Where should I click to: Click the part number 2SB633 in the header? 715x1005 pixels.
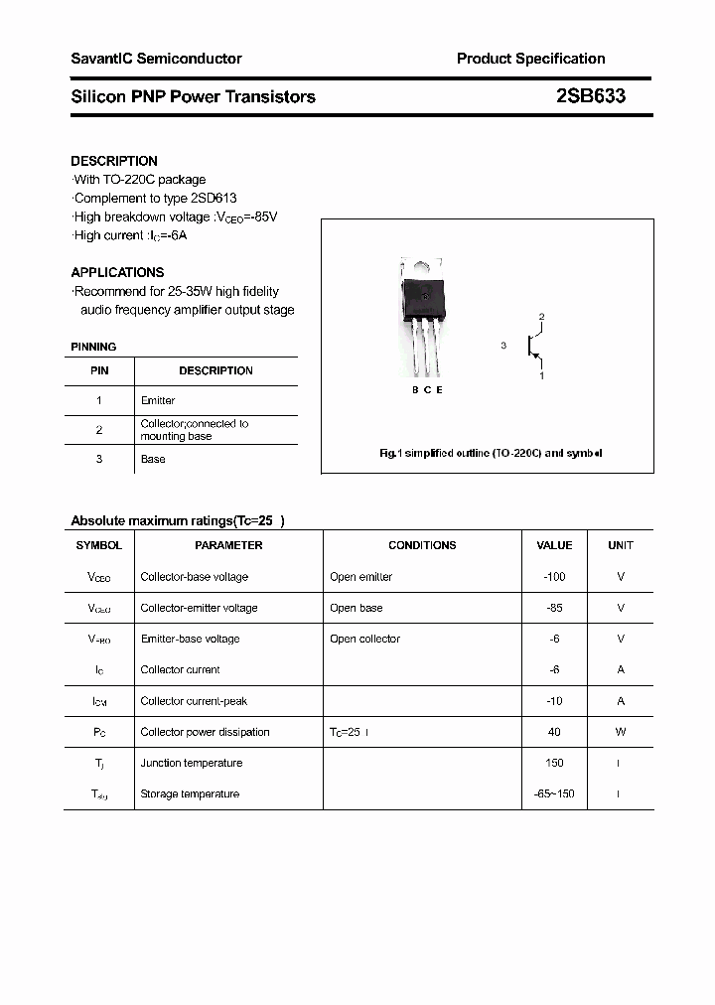pos(590,96)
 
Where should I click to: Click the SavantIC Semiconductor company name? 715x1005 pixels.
pos(156,59)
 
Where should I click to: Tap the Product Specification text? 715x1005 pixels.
pos(530,59)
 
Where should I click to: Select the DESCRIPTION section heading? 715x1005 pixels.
pos(114,161)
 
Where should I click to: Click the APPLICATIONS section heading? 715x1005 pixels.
pos(117,272)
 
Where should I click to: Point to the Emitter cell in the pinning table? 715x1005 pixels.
pos(158,400)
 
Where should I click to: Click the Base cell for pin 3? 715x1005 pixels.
pos(153,459)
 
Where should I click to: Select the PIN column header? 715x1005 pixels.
pos(99,370)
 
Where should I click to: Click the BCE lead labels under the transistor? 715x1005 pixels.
pos(427,390)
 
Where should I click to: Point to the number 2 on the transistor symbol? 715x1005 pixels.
pos(541,317)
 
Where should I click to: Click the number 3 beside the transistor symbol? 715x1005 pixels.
pos(503,346)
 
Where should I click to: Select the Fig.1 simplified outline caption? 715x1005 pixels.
pos(491,453)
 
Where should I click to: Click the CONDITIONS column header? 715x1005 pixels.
pos(422,545)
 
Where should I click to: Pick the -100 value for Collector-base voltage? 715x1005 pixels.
pos(554,577)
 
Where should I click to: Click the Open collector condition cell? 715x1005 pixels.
pos(364,639)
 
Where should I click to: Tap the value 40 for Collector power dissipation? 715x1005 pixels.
pos(554,732)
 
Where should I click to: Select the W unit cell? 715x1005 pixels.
pos(621,732)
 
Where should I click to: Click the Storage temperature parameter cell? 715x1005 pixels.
pos(190,793)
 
